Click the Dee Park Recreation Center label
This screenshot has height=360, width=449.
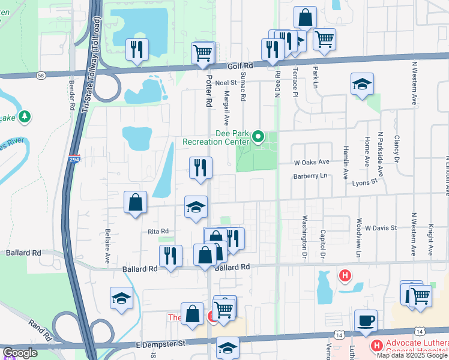[x=216, y=137]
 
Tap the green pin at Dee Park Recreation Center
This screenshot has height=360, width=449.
[x=259, y=137]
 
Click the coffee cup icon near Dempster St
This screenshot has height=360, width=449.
[x=365, y=321]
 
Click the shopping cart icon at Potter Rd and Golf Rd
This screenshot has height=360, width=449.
[x=202, y=53]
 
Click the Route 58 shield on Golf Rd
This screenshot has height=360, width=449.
[x=40, y=76]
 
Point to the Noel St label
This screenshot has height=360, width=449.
[x=228, y=83]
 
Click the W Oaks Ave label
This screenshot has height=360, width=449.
[x=312, y=162]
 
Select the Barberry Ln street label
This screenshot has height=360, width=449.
[x=310, y=176]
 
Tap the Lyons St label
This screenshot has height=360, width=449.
[x=364, y=181]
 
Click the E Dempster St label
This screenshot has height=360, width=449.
[x=154, y=344]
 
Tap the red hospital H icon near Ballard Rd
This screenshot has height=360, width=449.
[x=345, y=276]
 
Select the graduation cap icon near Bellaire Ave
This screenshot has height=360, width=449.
[x=121, y=298]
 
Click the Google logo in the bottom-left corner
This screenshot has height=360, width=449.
[x=20, y=353]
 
